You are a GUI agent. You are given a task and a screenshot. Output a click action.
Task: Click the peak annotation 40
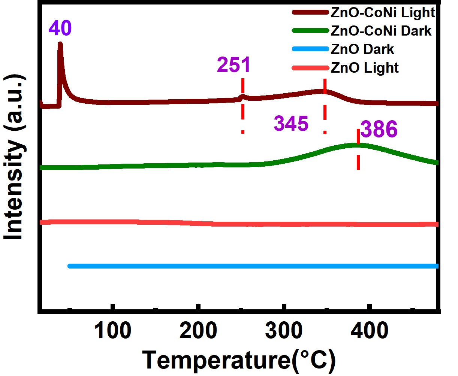60,28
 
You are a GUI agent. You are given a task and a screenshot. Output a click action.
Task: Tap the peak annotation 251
233,65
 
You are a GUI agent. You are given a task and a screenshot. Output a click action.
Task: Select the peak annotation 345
291,123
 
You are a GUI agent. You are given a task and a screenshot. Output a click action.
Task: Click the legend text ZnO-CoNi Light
383,12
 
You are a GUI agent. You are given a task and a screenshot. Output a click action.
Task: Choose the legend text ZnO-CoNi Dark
381,31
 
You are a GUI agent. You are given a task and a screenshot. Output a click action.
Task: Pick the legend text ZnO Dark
362,49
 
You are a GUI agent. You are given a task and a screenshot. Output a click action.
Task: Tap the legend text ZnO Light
364,68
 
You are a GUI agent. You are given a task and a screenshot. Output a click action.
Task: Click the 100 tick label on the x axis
112,331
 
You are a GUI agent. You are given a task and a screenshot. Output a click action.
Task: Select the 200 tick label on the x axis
198,331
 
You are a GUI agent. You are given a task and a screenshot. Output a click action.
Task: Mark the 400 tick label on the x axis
370,331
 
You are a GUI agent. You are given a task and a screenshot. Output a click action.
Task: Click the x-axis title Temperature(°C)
238,360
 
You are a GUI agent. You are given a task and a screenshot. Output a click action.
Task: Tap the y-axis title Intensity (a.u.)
15,157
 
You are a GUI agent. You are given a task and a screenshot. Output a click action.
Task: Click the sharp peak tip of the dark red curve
60,44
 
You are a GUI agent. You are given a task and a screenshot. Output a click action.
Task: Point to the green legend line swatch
310,31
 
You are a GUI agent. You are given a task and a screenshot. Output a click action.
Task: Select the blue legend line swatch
310,49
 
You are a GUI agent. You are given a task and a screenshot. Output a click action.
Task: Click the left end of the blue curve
69,266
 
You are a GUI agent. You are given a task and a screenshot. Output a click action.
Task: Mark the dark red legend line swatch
310,12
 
